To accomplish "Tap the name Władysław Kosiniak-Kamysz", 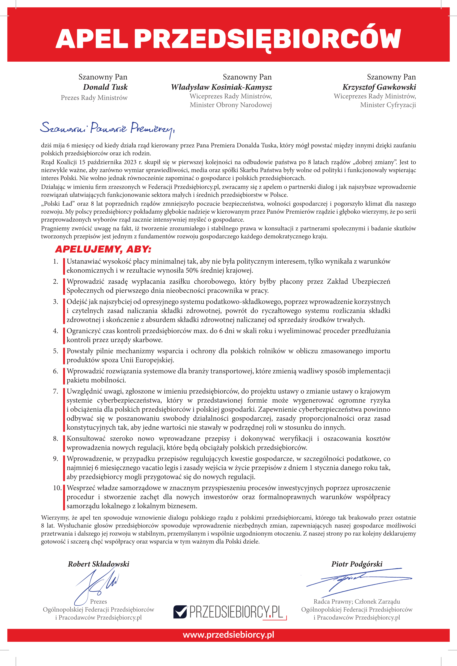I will [221, 87].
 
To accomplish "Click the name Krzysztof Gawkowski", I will [379, 87].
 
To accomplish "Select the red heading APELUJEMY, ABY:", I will [103, 249].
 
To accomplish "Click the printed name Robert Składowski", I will [98, 564].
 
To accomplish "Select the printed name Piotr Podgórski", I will [357, 564].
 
